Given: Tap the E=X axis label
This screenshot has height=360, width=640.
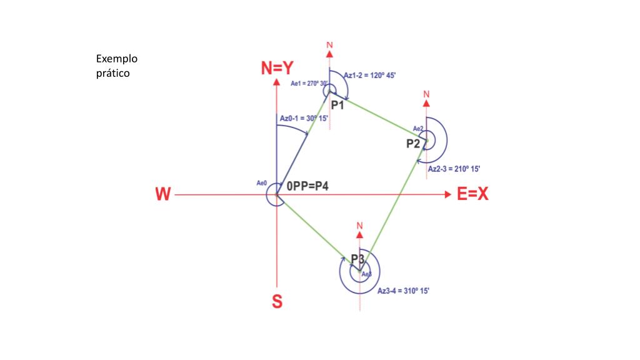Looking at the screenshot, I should point(472,194).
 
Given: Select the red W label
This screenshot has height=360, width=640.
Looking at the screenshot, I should point(162,195).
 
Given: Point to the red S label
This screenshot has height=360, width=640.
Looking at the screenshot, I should point(276,302).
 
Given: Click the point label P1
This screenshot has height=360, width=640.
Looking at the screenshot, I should point(337,105).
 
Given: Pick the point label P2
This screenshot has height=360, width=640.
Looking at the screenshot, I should point(413,143).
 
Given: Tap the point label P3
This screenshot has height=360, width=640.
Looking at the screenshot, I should point(357,258).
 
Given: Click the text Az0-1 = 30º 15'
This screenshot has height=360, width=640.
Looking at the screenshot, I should point(304,118).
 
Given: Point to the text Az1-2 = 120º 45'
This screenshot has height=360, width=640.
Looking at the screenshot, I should point(370,75).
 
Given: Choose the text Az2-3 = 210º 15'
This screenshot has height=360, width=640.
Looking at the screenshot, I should point(454,169).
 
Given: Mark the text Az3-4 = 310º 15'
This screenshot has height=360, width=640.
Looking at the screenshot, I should point(403,291).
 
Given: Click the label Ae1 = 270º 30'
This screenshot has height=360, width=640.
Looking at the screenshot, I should point(309,83).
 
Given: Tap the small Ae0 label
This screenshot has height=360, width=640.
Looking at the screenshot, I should point(262,183).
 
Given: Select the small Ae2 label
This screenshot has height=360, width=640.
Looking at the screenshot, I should point(418,129).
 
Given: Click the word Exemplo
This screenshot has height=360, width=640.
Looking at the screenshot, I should point(116,59).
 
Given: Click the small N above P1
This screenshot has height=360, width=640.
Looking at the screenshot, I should point(329,46).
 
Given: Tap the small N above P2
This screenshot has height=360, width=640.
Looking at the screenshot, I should point(426,94).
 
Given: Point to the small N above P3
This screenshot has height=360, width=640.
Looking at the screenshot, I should point(359,225).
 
